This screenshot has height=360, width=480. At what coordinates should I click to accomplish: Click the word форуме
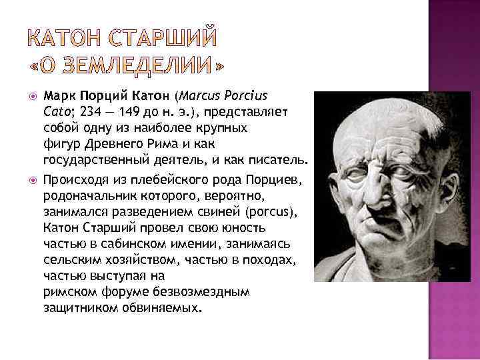pyautogui.click(x=123, y=293)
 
